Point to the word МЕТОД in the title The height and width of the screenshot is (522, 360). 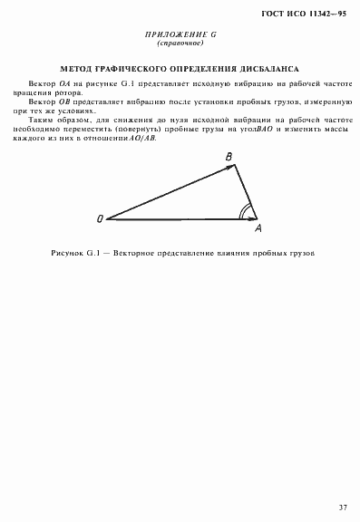[x=77, y=68]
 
